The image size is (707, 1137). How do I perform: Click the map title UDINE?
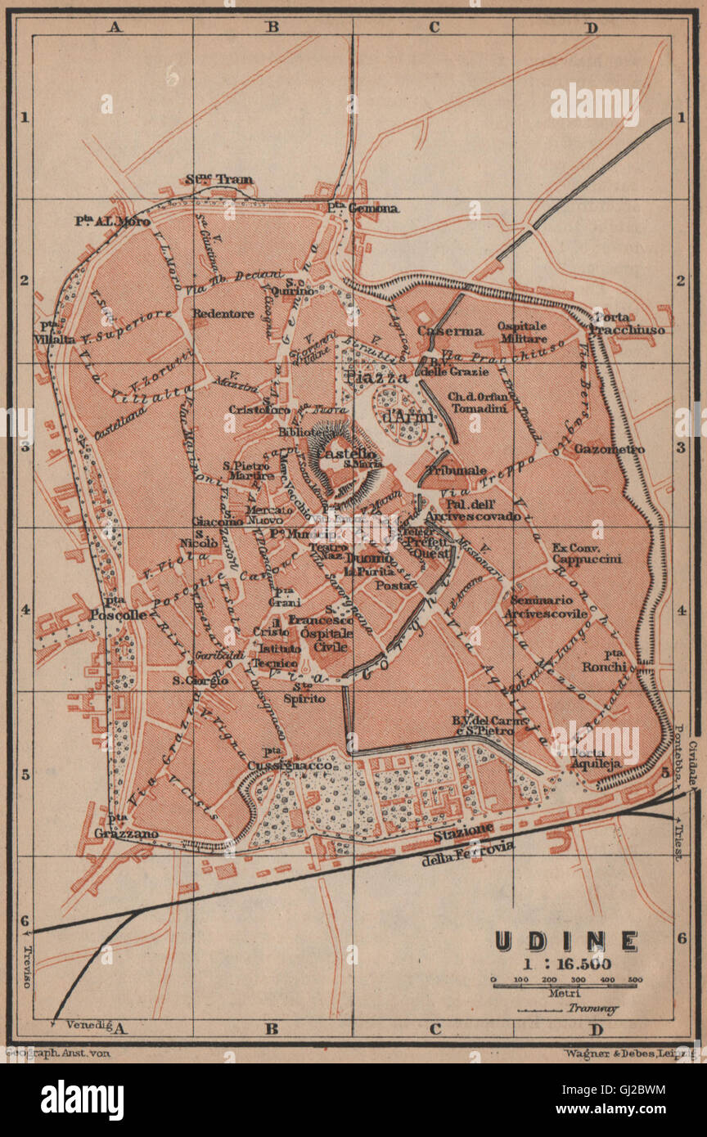click(x=565, y=941)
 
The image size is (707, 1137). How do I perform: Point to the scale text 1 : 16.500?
click(x=565, y=963)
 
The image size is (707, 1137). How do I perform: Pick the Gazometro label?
click(x=609, y=449)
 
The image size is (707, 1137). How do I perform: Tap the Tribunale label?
click(x=457, y=471)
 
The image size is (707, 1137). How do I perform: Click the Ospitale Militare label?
click(x=522, y=332)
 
